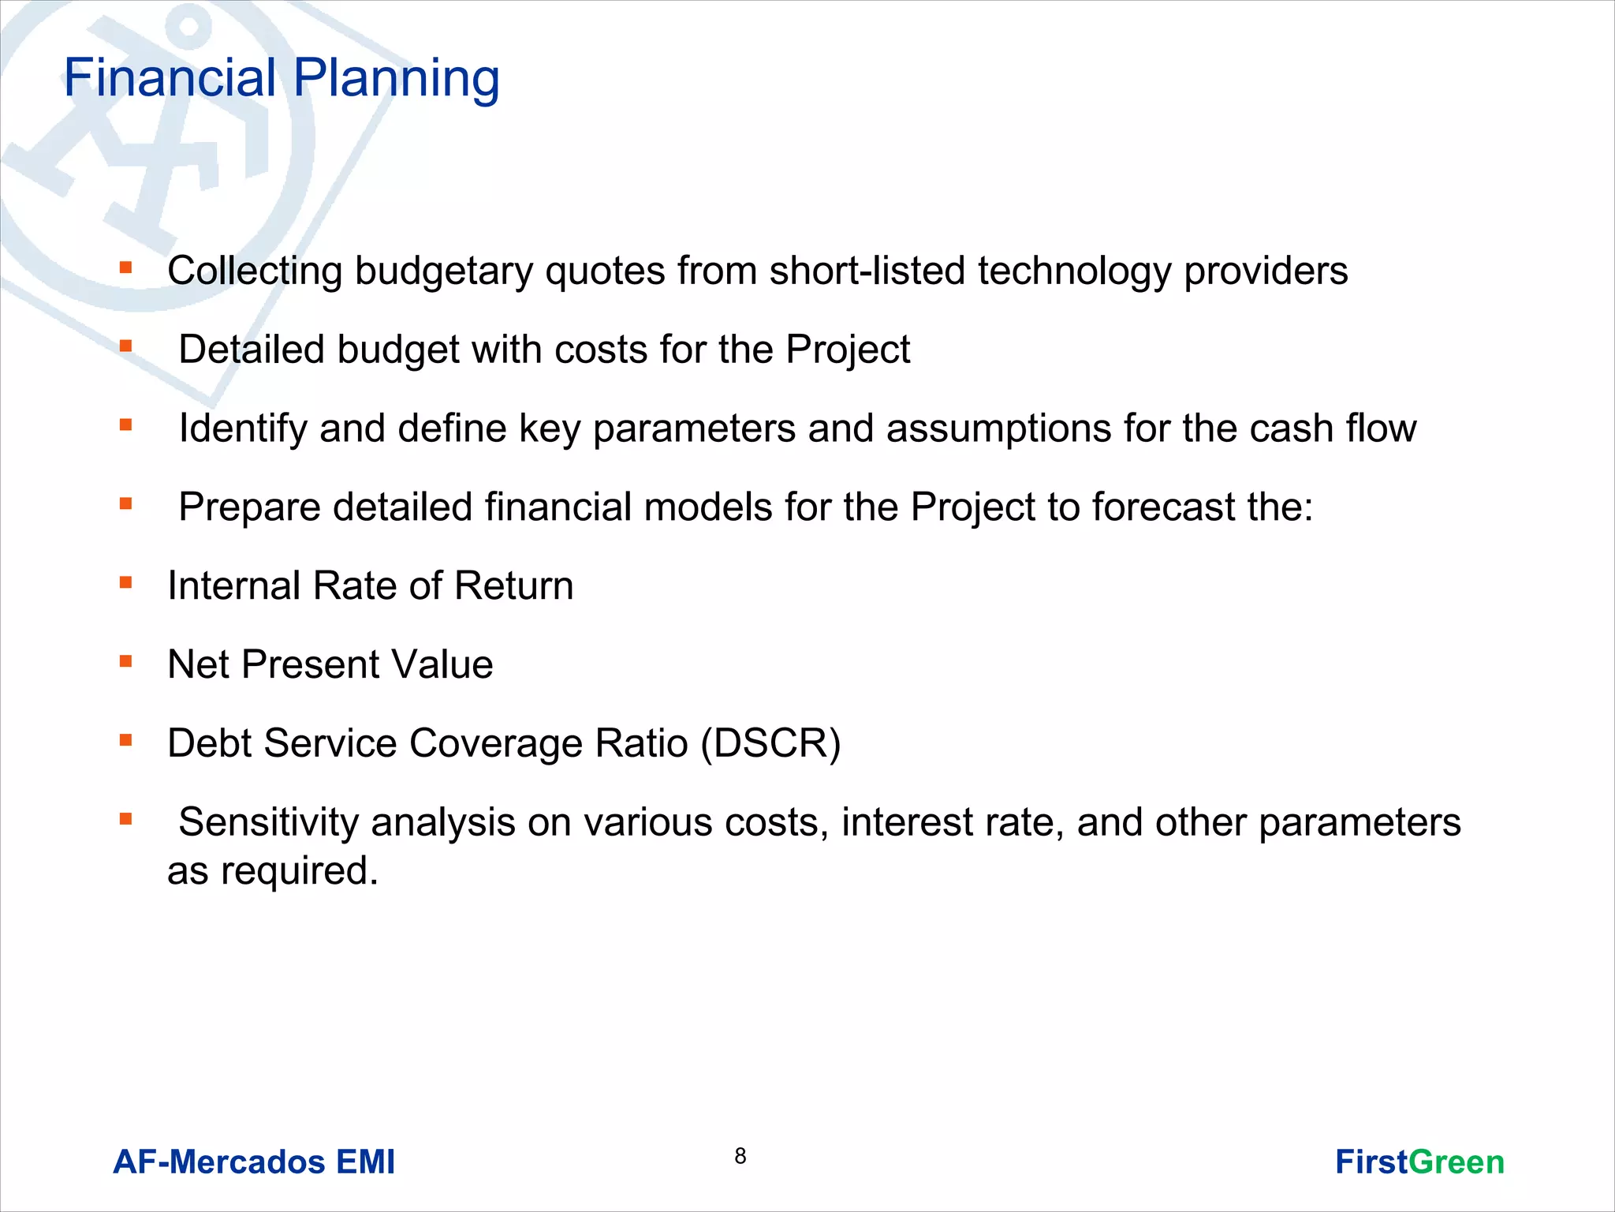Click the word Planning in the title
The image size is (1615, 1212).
click(x=396, y=79)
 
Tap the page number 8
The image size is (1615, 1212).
click(x=740, y=1156)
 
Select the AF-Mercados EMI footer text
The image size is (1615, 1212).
click(x=254, y=1162)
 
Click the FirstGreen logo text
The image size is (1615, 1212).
click(x=1419, y=1162)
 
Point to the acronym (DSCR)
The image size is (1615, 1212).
click(x=770, y=743)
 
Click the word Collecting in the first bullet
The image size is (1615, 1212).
click(x=254, y=271)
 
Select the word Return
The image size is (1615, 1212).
click(x=513, y=586)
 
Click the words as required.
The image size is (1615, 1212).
click(x=273, y=871)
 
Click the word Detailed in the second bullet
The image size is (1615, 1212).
click(x=251, y=350)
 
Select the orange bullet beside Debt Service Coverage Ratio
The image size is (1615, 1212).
click(x=125, y=740)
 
